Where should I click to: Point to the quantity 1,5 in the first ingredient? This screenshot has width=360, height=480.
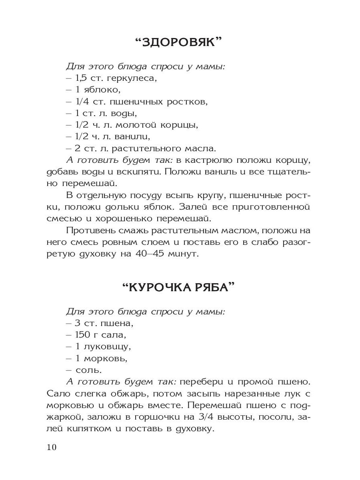click(x=81, y=78)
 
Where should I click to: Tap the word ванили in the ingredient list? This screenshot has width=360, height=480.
click(x=132, y=136)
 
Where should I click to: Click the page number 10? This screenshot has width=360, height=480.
click(x=52, y=447)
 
